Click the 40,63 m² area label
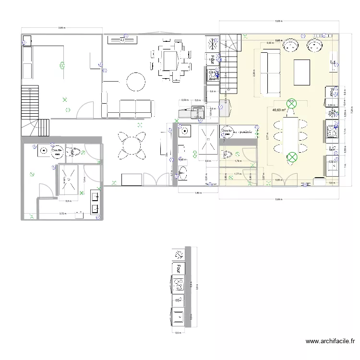[279, 110]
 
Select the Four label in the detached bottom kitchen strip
[179, 267]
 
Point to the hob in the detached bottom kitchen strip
[179, 285]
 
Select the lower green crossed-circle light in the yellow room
[291, 156]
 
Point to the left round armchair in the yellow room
[291, 46]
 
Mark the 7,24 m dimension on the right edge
[351, 110]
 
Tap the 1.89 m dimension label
[198, 193]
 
